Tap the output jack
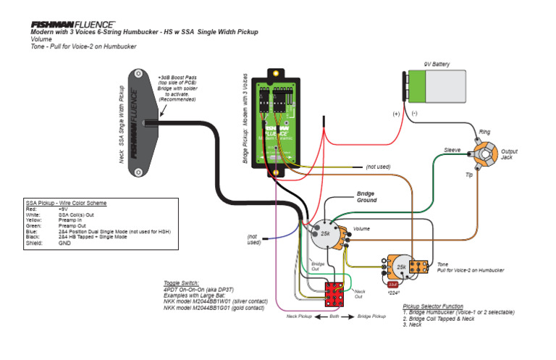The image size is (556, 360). tap(484, 156)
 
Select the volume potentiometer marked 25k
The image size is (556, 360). tap(325, 233)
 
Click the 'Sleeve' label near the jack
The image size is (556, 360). tap(452, 150)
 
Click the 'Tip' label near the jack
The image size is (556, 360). tap(468, 175)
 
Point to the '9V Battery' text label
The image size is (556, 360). tap(437, 64)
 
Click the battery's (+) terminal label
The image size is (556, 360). tap(396, 114)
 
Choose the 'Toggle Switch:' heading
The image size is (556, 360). tap(182, 282)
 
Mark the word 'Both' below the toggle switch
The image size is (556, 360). tap(335, 317)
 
